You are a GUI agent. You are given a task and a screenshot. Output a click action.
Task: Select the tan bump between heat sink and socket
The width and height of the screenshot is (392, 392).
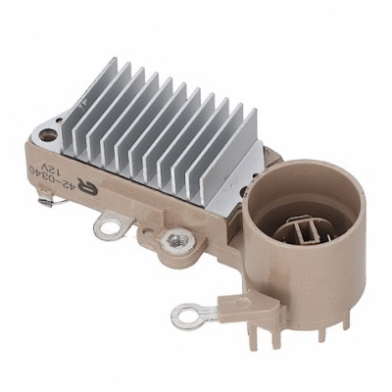coord(269,171)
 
